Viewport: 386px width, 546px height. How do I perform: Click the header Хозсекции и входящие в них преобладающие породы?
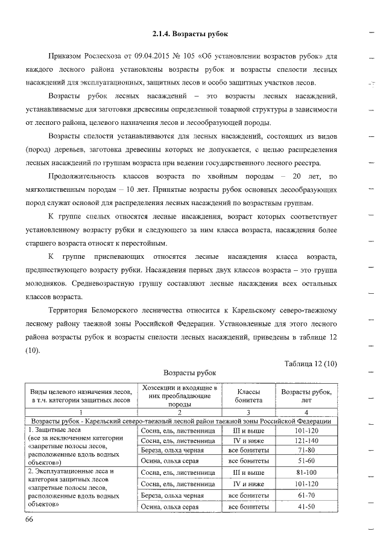click(x=179, y=395)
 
